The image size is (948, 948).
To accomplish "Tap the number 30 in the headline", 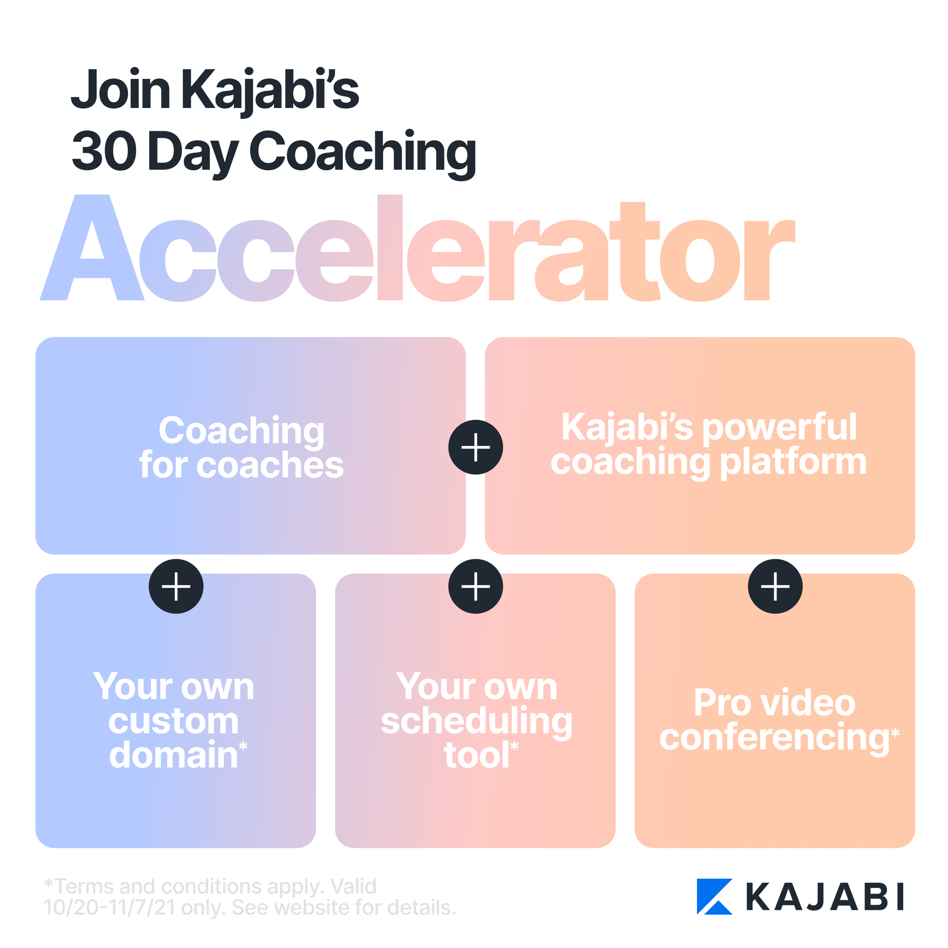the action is coord(104,151).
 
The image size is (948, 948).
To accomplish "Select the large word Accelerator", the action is coord(417,248).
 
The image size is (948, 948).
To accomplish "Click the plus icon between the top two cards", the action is coord(475,447).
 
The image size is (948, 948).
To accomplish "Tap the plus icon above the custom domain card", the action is coord(176,586).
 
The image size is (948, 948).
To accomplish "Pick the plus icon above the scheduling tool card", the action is coord(475,586).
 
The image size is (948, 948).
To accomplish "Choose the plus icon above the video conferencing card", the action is coord(775,586).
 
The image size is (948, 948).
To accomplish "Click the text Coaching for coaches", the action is coord(241,447).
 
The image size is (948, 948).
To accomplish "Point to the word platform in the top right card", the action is coord(793,463).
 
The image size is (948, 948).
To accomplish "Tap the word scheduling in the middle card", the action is coord(477,722).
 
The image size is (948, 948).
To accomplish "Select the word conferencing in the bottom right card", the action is coord(774,739).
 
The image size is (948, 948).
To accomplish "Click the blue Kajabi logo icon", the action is coord(715,897).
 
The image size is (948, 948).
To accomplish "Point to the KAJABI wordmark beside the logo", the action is coord(825,897).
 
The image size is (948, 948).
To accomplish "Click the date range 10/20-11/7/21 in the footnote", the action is coord(109,908).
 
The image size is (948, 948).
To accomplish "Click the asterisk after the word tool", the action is coord(514,746).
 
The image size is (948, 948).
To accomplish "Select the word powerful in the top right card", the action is coord(780,427).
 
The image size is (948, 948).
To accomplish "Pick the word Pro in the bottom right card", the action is coord(723,703).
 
